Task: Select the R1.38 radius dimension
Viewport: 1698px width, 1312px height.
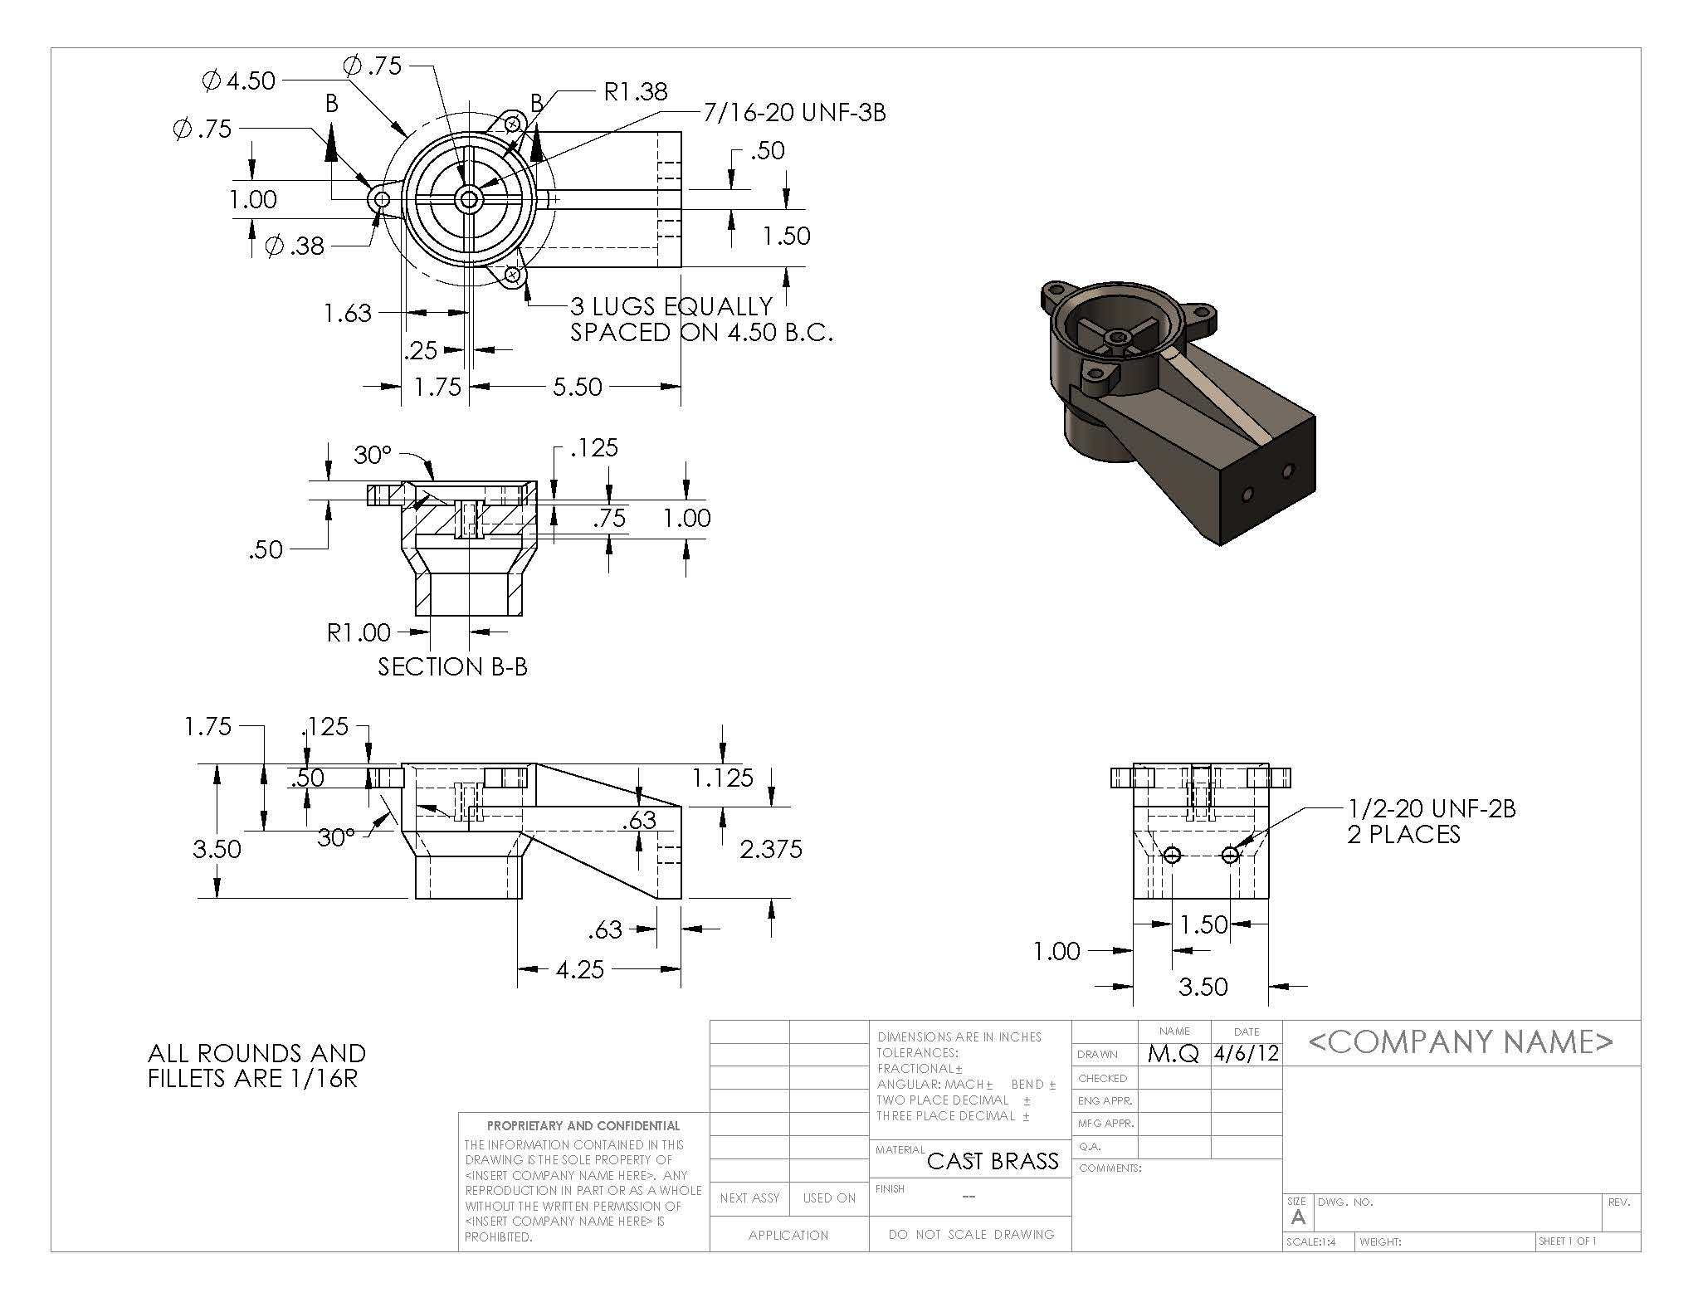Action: coord(635,90)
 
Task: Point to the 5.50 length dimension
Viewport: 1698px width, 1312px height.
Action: coord(577,387)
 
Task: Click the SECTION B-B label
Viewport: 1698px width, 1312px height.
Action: coord(452,666)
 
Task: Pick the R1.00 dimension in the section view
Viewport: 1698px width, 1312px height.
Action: coord(358,632)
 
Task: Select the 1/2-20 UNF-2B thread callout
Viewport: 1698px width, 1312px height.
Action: coord(1431,808)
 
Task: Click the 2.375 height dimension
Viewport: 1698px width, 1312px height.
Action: coord(771,848)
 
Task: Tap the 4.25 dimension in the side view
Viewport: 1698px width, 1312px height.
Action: coord(579,968)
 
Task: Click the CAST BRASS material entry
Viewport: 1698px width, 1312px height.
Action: coord(993,1161)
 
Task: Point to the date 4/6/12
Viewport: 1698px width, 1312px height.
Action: coord(1247,1054)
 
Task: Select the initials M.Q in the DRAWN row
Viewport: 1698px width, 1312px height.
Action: coord(1173,1054)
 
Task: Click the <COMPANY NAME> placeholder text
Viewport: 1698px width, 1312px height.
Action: coord(1461,1041)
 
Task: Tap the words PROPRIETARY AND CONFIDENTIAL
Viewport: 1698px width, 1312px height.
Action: coord(583,1126)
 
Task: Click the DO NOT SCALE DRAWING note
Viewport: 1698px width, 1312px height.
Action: coord(971,1235)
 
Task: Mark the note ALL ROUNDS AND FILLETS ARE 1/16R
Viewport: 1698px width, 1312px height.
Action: coord(256,1066)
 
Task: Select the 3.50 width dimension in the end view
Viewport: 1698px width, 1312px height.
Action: coord(1203,986)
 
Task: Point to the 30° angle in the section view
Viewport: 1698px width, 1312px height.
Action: coord(372,455)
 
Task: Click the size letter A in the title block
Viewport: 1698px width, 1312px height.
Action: coord(1298,1217)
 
